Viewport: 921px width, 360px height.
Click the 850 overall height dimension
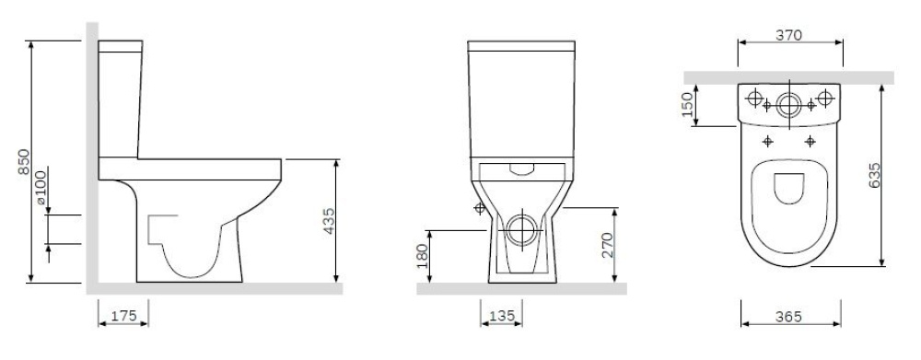[x=24, y=162]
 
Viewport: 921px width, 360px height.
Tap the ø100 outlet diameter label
[x=41, y=187]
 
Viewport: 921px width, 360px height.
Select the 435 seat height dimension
[x=330, y=221]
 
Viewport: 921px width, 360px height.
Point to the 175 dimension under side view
[x=123, y=316]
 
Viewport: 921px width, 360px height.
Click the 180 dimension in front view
[x=423, y=255]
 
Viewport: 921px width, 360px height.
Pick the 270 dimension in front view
[x=607, y=245]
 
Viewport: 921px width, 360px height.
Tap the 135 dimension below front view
[x=502, y=316]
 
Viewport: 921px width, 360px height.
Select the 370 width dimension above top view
[x=789, y=35]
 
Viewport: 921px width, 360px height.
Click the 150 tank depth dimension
[x=687, y=105]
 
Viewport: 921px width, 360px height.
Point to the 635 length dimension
[x=874, y=175]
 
